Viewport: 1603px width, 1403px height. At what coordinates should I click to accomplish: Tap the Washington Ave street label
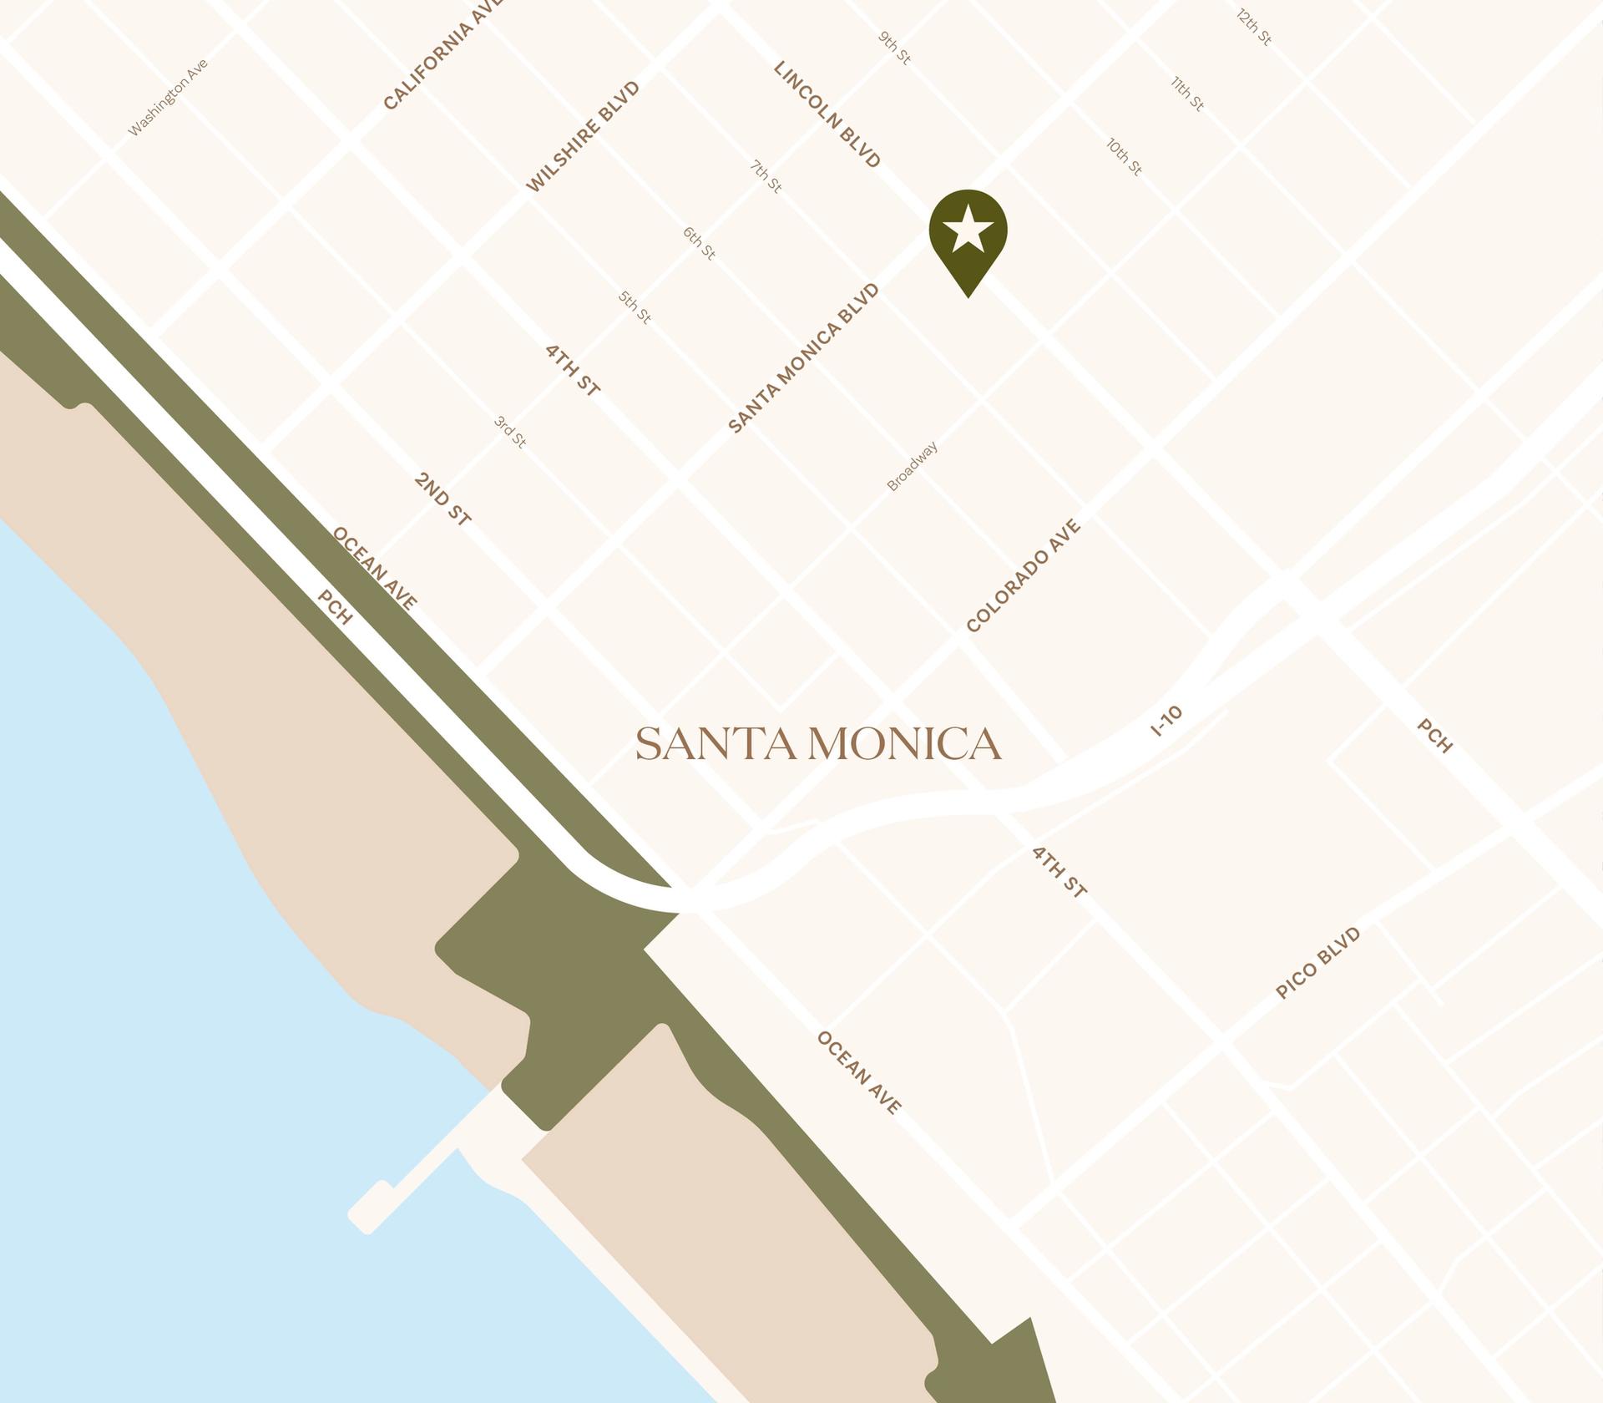(x=168, y=98)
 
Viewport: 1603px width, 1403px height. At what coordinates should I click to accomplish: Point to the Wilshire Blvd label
(x=583, y=137)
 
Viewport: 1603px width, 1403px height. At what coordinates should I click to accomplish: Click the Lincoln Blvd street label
(x=827, y=114)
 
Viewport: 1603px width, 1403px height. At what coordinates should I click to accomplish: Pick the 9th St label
(x=894, y=48)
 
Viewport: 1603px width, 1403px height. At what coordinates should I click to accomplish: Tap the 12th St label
(x=1254, y=27)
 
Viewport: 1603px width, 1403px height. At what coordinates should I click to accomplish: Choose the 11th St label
(x=1186, y=94)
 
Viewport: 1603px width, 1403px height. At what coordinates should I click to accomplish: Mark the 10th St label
(x=1124, y=157)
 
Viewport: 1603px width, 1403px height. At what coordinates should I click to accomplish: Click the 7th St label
(x=766, y=177)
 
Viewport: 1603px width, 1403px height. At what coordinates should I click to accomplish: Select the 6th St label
(x=699, y=243)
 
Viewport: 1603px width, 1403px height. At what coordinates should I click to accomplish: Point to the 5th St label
(x=635, y=307)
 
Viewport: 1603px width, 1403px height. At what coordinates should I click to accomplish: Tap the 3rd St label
(x=510, y=433)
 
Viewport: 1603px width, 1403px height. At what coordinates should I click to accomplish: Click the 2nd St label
(x=442, y=499)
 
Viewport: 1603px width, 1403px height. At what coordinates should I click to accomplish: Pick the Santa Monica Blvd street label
(x=804, y=358)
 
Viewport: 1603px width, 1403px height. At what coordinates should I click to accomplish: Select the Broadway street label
(x=913, y=466)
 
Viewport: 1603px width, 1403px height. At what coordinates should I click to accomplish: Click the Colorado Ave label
(x=1024, y=575)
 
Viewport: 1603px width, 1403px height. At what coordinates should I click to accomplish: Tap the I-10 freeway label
(x=1167, y=721)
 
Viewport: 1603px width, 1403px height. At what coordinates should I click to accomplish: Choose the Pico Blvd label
(x=1318, y=963)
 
